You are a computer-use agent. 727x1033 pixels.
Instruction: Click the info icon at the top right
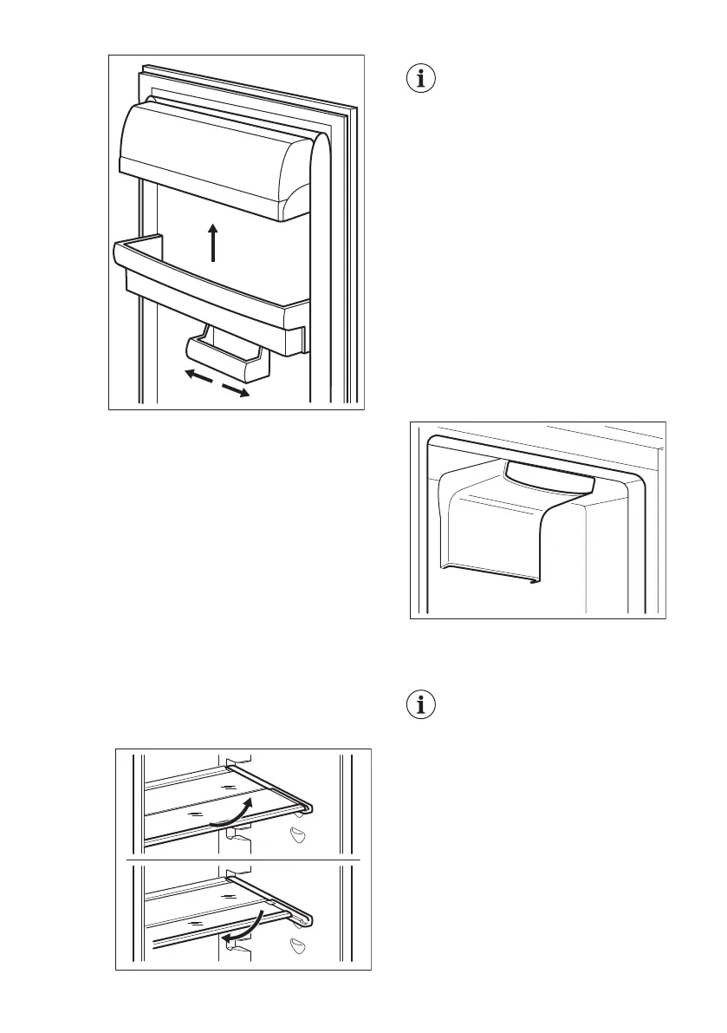point(422,79)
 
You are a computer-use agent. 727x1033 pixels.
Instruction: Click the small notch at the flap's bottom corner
point(530,582)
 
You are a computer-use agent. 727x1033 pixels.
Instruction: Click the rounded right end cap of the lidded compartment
point(295,186)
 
